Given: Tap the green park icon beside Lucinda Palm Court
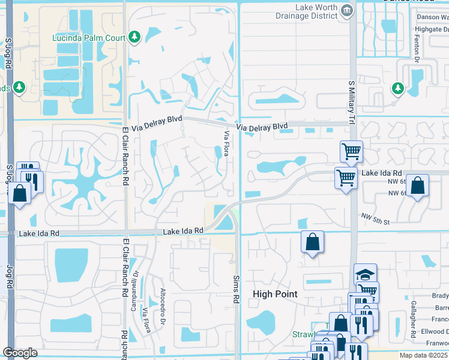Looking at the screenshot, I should [135, 37].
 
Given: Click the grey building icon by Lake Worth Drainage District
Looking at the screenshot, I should [347, 10].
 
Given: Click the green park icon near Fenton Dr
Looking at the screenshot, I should [397, 88].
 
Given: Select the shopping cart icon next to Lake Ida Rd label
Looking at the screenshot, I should [346, 178].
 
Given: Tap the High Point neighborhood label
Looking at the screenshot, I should [276, 293].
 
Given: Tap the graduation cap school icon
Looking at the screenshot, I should [365, 274].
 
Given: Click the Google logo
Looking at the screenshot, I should [20, 353].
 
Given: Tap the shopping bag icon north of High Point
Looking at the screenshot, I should [312, 242].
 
